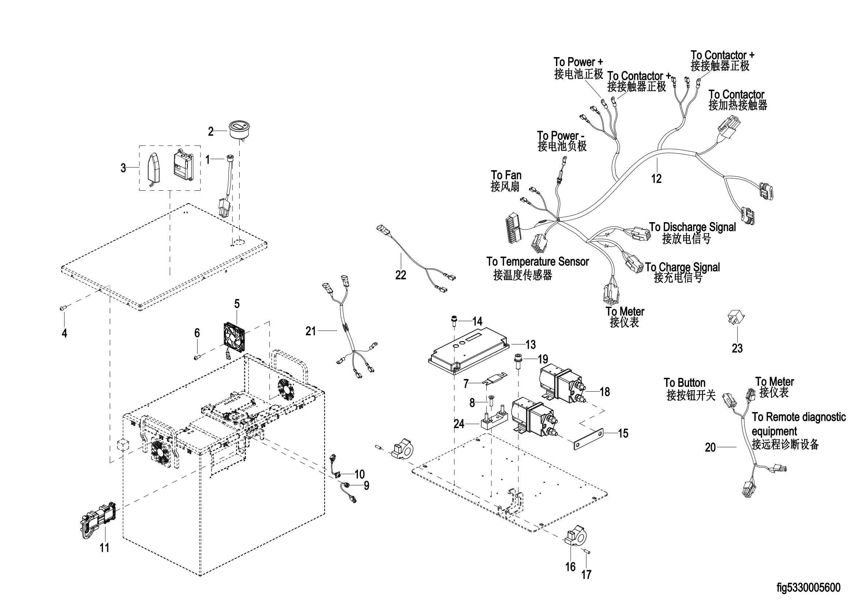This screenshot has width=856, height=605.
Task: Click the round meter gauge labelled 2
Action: (x=239, y=129)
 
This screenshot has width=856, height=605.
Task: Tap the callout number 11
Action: (x=104, y=548)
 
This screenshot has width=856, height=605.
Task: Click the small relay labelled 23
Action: (x=736, y=319)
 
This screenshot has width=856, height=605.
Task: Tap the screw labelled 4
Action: (x=63, y=308)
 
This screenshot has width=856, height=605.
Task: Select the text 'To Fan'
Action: (x=506, y=175)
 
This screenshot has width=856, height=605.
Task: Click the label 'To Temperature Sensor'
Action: (x=537, y=262)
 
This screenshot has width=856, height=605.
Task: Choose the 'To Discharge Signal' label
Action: (x=692, y=227)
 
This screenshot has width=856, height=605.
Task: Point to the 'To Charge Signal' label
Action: (x=682, y=267)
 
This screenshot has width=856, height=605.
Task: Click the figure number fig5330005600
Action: (x=808, y=588)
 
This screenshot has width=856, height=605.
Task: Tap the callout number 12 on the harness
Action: (x=656, y=179)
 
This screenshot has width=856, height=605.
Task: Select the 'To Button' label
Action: (x=684, y=383)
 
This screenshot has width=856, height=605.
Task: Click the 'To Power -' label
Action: (x=560, y=135)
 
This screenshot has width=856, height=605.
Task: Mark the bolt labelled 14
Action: (x=454, y=320)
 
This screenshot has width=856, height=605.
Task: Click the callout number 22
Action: (x=400, y=275)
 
